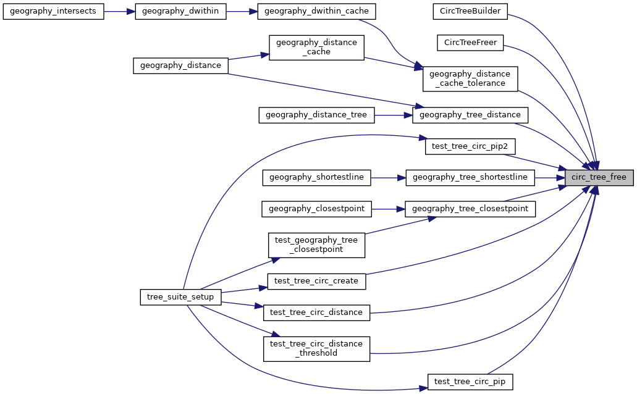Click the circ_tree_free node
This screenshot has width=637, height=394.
pos(599,177)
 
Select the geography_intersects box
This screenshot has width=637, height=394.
pos(54,12)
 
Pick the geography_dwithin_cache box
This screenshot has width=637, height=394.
pos(316,12)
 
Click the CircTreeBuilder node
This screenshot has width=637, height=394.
pos(470,11)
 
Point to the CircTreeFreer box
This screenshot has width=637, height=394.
pos(470,42)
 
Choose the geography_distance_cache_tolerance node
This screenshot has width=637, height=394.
pos(470,78)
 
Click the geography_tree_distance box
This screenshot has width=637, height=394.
pos(470,114)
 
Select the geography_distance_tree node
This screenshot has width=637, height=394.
pos(316,114)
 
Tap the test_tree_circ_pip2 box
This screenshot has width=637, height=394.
pos(470,146)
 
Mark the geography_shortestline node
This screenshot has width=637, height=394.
pos(316,177)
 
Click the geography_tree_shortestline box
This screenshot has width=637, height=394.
pos(470,177)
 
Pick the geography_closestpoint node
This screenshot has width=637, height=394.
pos(316,209)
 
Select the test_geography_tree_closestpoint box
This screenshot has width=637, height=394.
pos(316,245)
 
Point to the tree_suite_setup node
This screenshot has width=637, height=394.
pos(180,296)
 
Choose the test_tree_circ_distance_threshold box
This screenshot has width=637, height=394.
pos(316,348)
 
